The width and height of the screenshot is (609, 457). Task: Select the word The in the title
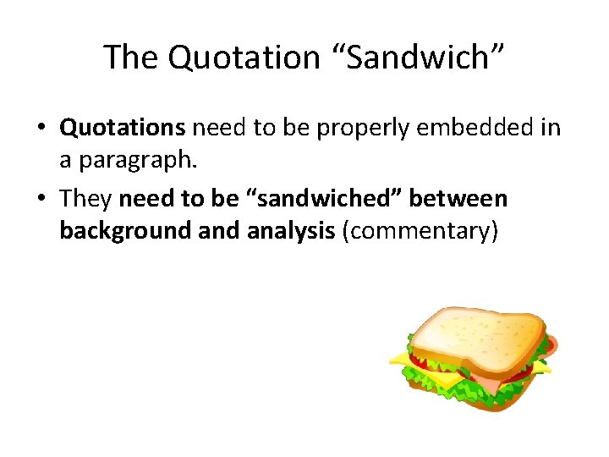[131, 58]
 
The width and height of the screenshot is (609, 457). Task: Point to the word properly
[356, 128]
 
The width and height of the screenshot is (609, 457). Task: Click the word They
[87, 198]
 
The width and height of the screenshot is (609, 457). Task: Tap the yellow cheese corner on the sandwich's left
[400, 359]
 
